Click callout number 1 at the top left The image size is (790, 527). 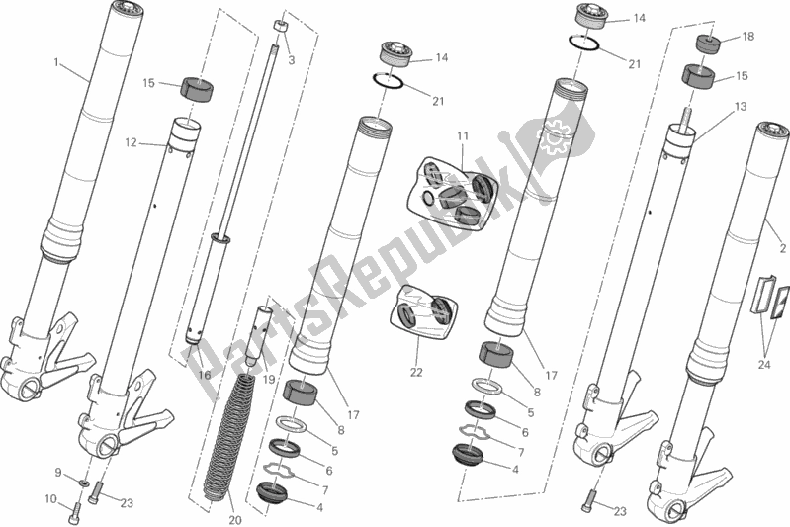56,62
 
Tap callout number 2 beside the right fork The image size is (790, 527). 782,248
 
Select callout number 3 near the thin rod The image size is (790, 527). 292,60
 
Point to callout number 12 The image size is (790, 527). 131,143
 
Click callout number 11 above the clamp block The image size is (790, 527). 463,136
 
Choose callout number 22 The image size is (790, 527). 416,373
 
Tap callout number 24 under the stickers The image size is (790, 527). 764,364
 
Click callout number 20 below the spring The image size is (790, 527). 235,520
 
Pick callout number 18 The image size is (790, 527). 748,37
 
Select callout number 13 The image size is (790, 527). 741,107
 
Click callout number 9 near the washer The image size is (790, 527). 58,473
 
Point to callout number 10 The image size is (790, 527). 50,499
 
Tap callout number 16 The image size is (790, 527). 204,375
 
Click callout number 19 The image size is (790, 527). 269,379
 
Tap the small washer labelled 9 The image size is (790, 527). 83,484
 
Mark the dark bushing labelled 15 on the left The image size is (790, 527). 197,90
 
